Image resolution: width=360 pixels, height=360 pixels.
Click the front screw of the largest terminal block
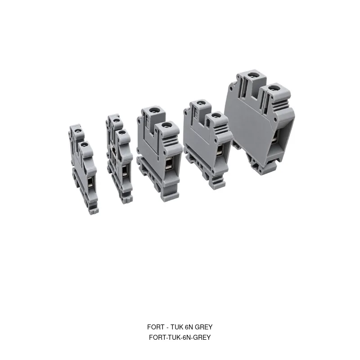tap(273, 88)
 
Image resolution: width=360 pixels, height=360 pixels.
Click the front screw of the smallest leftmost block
tap(84, 144)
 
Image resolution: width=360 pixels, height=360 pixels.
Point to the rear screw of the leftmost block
tap(78, 131)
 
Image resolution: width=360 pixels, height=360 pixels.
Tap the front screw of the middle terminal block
tap(165, 126)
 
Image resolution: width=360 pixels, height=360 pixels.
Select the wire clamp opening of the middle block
tap(169, 164)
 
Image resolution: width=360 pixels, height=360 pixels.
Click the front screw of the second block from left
tap(123, 133)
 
